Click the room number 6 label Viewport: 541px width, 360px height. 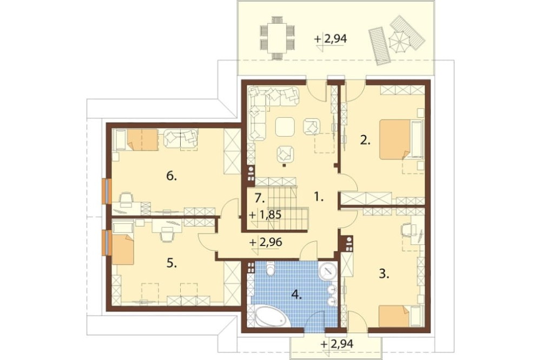tap(171, 176)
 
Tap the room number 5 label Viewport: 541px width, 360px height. tap(171, 263)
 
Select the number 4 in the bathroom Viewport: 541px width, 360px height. tap(296, 294)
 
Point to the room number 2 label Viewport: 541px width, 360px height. tap(365, 140)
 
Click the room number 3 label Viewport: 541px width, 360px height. tap(384, 274)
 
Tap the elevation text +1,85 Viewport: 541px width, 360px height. tap(265, 215)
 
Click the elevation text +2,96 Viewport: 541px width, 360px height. tap(266, 242)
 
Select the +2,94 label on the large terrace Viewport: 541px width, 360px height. tap(331, 39)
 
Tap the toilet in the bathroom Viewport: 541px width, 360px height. tap(271, 269)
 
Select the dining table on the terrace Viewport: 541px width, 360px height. tap(278, 38)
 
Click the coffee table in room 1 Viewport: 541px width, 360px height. tap(285, 127)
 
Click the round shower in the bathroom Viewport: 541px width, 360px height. tap(328, 272)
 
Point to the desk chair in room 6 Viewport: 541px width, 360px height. tap(126, 198)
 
